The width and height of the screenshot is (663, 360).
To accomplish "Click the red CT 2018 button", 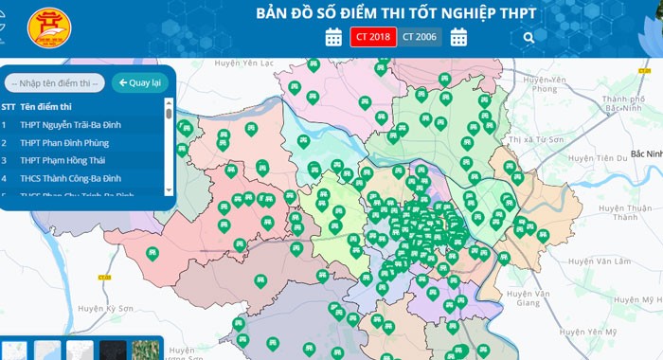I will click(373, 37).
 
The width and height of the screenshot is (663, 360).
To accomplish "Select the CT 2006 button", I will click(419, 37).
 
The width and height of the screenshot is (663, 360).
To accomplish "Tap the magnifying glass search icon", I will click(529, 38).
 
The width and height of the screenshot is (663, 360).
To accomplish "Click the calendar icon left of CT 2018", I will click(333, 37).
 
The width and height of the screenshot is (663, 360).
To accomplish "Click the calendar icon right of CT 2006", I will click(459, 37).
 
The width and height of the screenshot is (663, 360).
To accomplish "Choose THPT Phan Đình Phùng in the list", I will click(63, 142).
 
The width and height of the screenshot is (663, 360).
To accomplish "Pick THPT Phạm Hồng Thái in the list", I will click(63, 160).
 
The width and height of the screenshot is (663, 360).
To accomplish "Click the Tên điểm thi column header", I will click(47, 107).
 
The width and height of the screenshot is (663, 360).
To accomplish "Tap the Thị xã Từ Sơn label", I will click(535, 139).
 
